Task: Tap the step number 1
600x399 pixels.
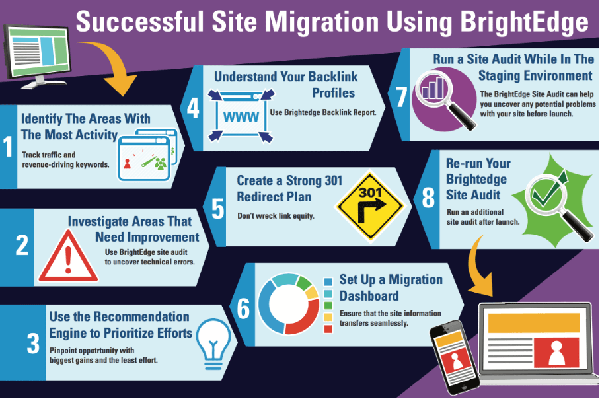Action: (8, 147)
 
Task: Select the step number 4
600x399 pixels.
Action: (193, 108)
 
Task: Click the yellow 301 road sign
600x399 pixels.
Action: (366, 201)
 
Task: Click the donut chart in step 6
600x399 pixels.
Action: (288, 304)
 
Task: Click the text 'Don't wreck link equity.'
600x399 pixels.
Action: (277, 216)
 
